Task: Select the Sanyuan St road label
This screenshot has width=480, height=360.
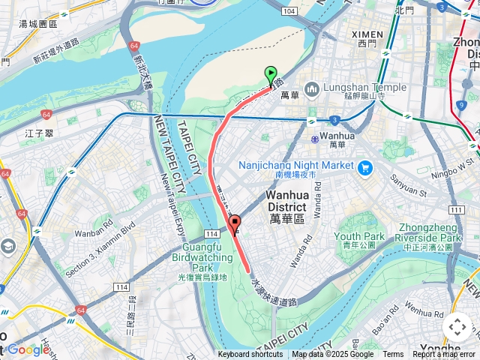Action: (x=406, y=185)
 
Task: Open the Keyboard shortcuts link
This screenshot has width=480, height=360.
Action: (x=250, y=355)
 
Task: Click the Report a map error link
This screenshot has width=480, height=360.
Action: (x=444, y=355)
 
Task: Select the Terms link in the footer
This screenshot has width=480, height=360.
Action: (x=393, y=355)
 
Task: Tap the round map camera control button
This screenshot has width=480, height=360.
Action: (x=457, y=327)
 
